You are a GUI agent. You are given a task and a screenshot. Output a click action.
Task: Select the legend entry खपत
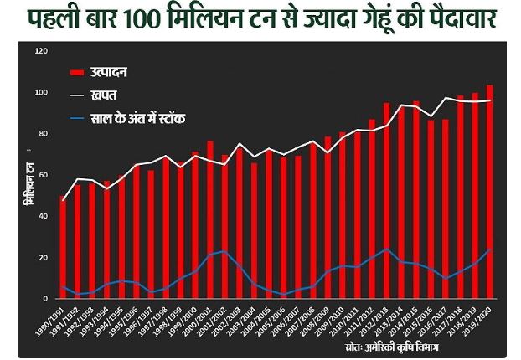pos(102,96)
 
